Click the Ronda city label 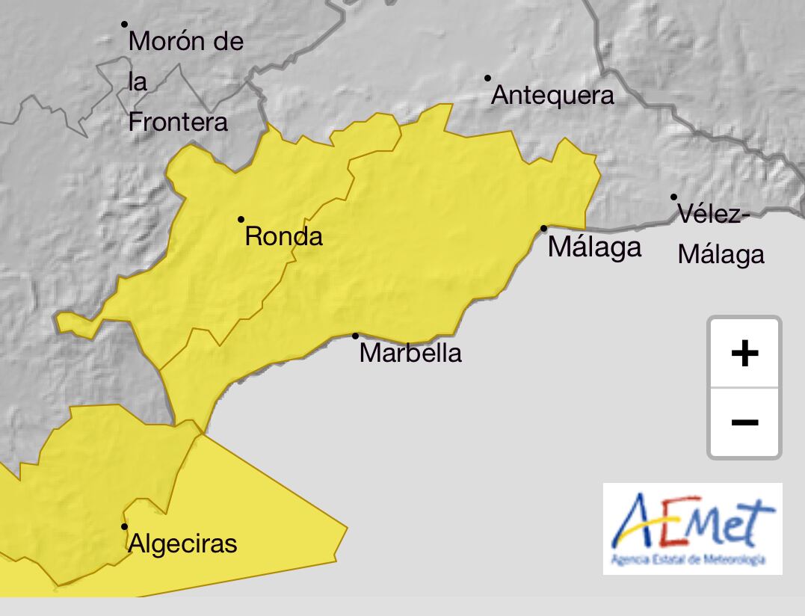[x=284, y=237]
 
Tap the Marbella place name [x=410, y=353]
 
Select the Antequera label [x=552, y=96]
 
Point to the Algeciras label [x=182, y=543]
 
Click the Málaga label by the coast [x=594, y=247]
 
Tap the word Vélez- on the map [x=713, y=215]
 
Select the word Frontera [x=178, y=122]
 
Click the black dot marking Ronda [x=241, y=219]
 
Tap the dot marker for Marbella [x=355, y=336]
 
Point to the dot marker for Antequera [x=487, y=78]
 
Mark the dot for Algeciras [x=125, y=526]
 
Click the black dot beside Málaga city [x=543, y=228]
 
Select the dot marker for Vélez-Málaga [x=673, y=197]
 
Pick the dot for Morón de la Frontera [x=125, y=24]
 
